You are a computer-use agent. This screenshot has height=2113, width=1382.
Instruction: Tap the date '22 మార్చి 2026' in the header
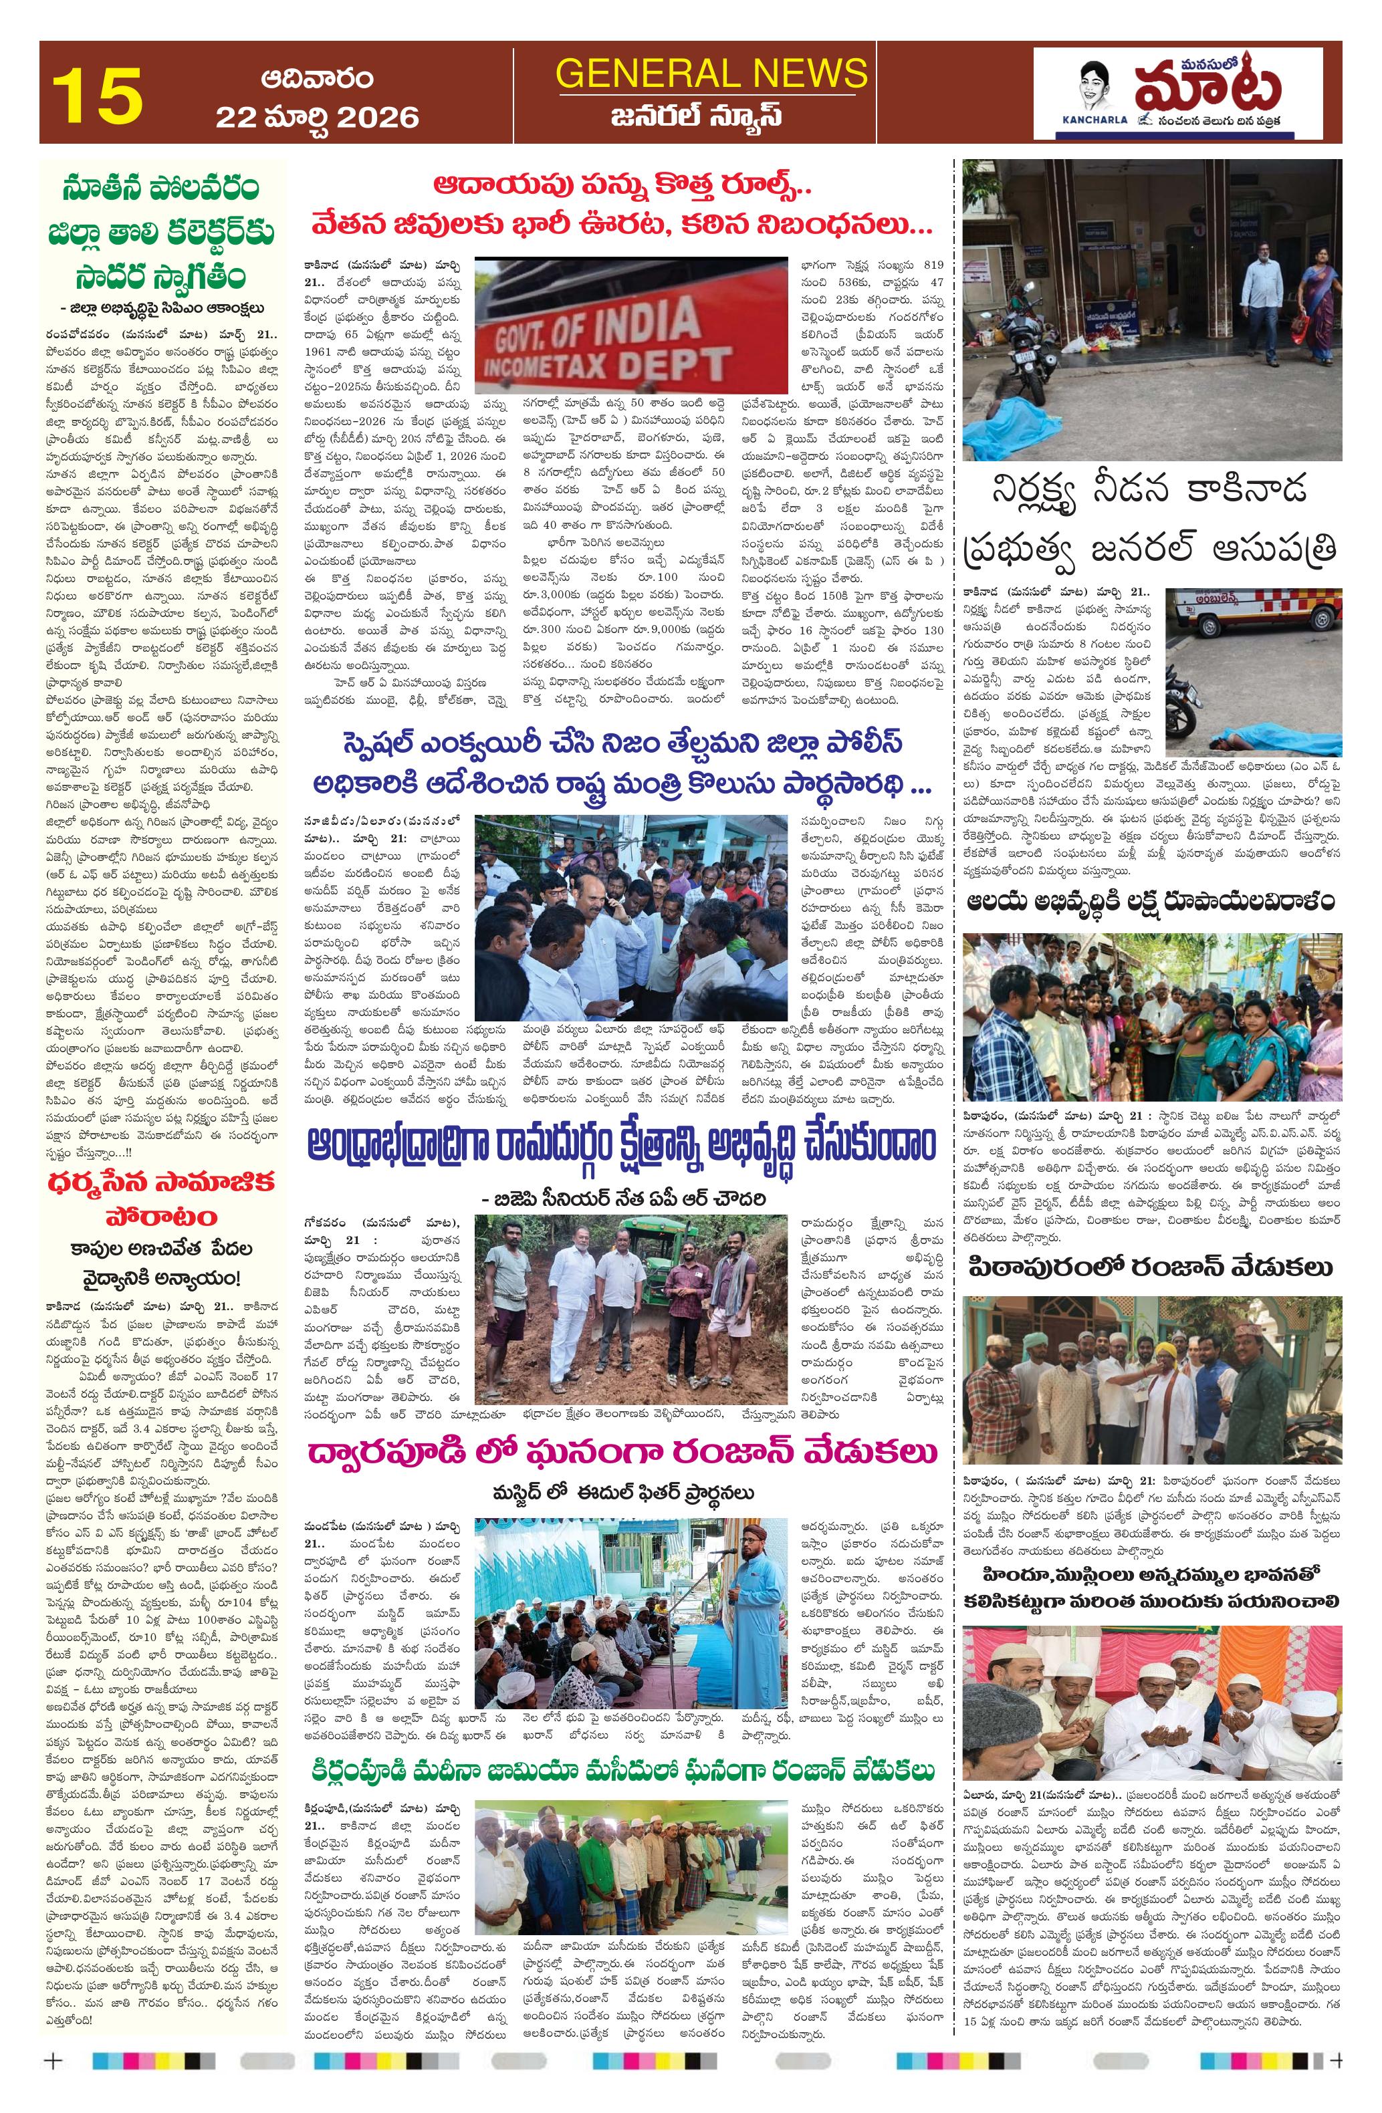click(x=316, y=116)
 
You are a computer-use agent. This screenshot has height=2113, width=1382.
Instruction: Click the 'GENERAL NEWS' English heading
click(x=711, y=74)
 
